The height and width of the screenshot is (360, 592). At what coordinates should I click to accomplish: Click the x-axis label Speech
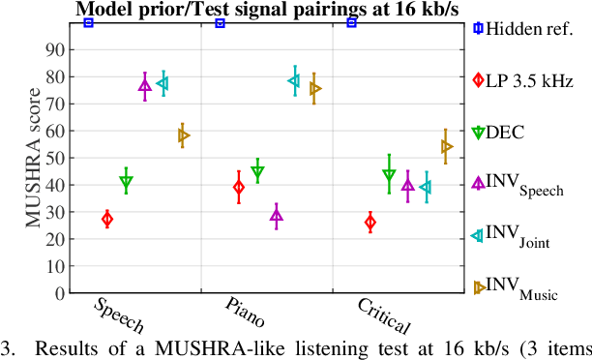coord(120,315)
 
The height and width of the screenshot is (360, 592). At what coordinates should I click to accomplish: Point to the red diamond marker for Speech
coord(106,220)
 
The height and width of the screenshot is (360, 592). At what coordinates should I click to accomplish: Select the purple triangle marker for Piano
coord(277,216)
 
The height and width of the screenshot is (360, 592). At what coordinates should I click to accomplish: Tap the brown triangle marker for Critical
coord(446,147)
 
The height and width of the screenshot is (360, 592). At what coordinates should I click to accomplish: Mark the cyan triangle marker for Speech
coord(163,84)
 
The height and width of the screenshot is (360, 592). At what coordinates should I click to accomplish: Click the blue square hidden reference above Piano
coord(220,22)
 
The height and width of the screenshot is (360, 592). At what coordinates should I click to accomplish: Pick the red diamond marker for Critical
coord(370,224)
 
